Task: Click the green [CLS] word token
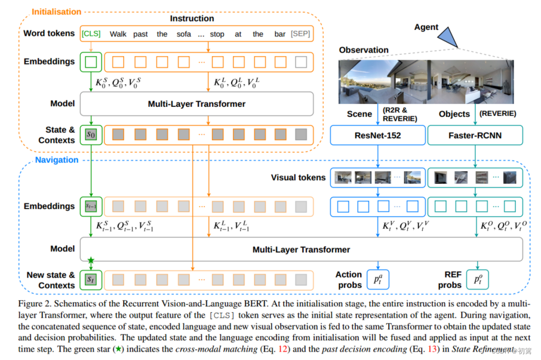tap(91, 34)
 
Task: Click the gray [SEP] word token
tap(300, 34)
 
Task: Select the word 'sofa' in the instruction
tap(184, 34)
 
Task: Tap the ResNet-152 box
tap(377, 135)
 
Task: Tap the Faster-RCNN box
tap(475, 135)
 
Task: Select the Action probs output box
tap(378, 279)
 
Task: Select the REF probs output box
tap(478, 279)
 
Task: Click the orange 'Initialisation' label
tap(56, 11)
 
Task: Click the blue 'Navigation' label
tap(56, 160)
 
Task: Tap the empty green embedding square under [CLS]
tap(91, 61)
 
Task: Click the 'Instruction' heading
tap(192, 19)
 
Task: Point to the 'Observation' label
tap(364, 50)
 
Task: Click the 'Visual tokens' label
tap(298, 177)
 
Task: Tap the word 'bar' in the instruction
tap(279, 34)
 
